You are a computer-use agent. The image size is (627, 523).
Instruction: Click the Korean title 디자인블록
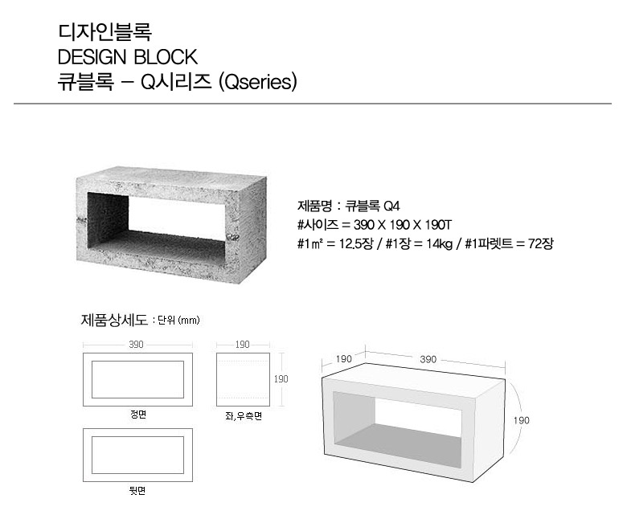pyautogui.click(x=104, y=32)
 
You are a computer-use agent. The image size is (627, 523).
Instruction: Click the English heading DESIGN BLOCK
pyautogui.click(x=128, y=57)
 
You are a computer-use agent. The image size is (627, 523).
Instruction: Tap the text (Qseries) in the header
pyautogui.click(x=258, y=82)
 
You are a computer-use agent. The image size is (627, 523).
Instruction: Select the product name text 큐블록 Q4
pyautogui.click(x=372, y=206)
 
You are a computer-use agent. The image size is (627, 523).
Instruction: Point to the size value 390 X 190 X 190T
pyautogui.click(x=402, y=225)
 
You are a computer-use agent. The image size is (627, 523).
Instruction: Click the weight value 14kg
pyautogui.click(x=439, y=243)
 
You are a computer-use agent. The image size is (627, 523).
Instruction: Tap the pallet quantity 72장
pyautogui.click(x=541, y=243)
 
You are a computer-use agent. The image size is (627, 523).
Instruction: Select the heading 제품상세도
pyautogui.click(x=114, y=320)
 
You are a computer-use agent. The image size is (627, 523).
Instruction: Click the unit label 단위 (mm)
pyautogui.click(x=178, y=321)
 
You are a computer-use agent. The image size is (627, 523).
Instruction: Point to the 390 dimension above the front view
pyautogui.click(x=136, y=345)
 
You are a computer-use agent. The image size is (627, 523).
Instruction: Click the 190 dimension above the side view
pyautogui.click(x=242, y=345)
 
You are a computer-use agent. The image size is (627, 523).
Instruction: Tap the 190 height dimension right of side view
pyautogui.click(x=281, y=378)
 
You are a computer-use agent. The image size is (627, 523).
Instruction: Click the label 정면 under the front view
pyautogui.click(x=138, y=415)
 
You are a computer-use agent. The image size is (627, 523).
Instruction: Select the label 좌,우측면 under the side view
pyautogui.click(x=244, y=416)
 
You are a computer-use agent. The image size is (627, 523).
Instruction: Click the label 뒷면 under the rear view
pyautogui.click(x=137, y=491)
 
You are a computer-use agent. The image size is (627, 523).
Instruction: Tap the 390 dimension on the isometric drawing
pyautogui.click(x=428, y=359)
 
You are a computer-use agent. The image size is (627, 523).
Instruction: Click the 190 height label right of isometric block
pyautogui.click(x=521, y=420)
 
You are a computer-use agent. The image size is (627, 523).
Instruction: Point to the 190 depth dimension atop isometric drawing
pyautogui.click(x=343, y=359)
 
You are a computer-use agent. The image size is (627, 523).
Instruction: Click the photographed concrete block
pyautogui.click(x=171, y=225)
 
